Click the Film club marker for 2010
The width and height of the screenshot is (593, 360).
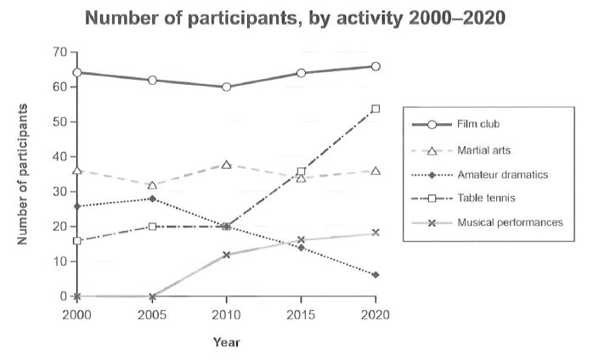227,87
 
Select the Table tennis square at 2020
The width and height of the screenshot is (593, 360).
376,109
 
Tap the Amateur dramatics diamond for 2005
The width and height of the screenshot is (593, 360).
152,199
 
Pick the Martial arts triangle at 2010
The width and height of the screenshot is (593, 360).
227,164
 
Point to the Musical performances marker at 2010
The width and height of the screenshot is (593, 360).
227,255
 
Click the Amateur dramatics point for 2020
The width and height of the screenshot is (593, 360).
376,275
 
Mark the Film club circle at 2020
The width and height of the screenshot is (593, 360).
376,66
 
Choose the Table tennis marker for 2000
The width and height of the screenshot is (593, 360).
77,240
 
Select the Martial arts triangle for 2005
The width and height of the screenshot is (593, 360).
152,185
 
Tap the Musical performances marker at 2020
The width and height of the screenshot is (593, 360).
376,233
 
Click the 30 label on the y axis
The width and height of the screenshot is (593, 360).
59,192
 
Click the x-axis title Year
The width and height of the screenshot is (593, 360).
227,342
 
